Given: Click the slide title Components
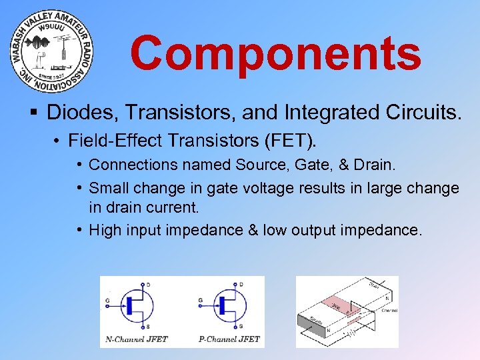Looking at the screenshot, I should (275, 53).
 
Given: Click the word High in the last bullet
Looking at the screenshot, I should (105, 230).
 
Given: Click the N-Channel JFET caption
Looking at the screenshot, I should (137, 339).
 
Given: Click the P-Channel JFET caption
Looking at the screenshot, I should (229, 339).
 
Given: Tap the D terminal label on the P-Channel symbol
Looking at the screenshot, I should (240, 285).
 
